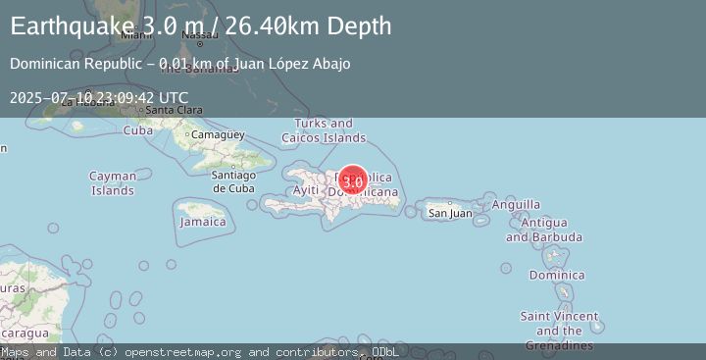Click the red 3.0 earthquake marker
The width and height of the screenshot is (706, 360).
(x=353, y=181)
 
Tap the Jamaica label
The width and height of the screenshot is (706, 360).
(x=203, y=222)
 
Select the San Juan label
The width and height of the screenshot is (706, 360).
(x=450, y=213)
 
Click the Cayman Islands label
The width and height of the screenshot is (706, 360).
(x=113, y=183)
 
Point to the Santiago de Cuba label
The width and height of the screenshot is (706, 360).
(x=233, y=181)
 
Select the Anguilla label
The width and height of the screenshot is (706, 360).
(x=516, y=204)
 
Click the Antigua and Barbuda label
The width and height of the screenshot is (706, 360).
(x=544, y=230)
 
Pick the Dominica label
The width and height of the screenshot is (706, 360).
(x=556, y=275)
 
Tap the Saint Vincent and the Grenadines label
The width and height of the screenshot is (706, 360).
(x=559, y=331)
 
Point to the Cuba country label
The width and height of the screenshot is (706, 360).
(x=138, y=130)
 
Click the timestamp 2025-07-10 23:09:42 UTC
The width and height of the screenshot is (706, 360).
(x=99, y=97)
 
